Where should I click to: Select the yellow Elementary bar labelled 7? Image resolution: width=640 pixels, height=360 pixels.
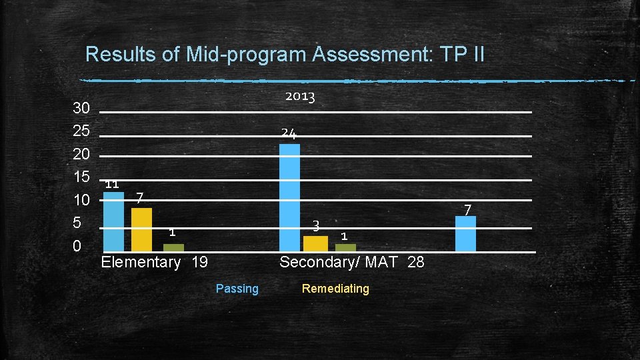pos(141,229)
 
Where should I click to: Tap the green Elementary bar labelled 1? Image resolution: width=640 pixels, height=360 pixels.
pos(173,247)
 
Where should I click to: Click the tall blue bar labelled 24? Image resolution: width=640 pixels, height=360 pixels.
pos(289,197)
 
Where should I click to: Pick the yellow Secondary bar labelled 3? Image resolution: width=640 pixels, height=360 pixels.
pos(315,243)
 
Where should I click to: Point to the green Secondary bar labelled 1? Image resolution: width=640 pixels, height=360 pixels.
pos(345,247)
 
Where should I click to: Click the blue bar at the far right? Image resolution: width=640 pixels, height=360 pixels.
pos(465,233)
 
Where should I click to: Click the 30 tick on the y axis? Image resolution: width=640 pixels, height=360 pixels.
pos(81,108)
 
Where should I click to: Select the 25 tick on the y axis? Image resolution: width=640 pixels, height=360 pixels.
pos(81,131)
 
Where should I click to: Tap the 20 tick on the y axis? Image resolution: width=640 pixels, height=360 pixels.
pos(81,155)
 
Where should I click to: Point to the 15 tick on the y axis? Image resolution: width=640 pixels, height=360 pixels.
pos(81,177)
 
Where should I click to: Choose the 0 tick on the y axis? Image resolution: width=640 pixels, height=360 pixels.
pos(77,247)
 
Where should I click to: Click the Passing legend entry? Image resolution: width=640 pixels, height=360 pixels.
pos(237,289)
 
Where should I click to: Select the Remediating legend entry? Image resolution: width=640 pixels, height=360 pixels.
pos(335,289)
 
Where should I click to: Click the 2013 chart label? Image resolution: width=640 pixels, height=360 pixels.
pos(300,97)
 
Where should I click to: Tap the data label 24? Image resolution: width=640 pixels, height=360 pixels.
pos(289,133)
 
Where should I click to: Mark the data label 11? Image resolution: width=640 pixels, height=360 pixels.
pos(112,184)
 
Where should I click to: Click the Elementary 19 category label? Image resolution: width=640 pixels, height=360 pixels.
pos(154,262)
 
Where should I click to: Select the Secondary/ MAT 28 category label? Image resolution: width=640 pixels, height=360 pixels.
pos(351,262)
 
